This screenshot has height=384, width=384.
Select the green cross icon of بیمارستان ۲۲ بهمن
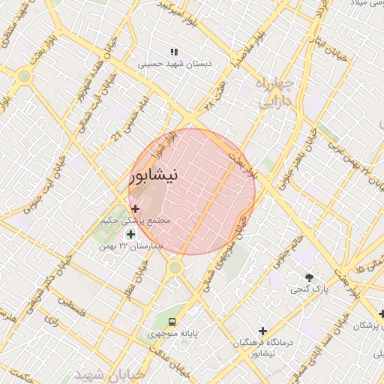tap(131, 235)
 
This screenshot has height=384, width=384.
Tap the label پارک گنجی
tap(310, 288)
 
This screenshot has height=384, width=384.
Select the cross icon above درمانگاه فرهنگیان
tap(262, 331)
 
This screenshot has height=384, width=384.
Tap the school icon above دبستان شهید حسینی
tap(174, 52)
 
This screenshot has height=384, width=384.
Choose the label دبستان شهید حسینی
tap(175, 64)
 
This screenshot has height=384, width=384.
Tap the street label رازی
tap(50, 319)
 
